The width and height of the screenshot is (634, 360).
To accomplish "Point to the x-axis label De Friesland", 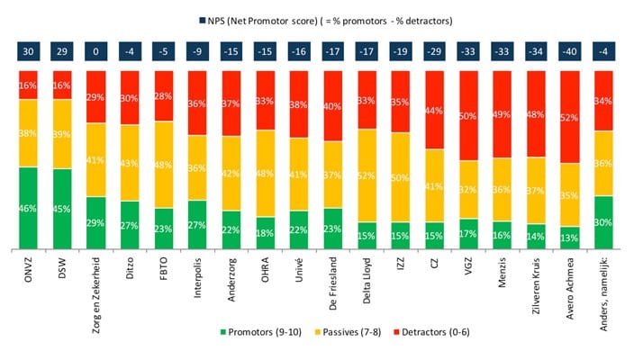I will (333, 283).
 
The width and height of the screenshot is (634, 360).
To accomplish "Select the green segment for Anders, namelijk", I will (603, 222).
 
